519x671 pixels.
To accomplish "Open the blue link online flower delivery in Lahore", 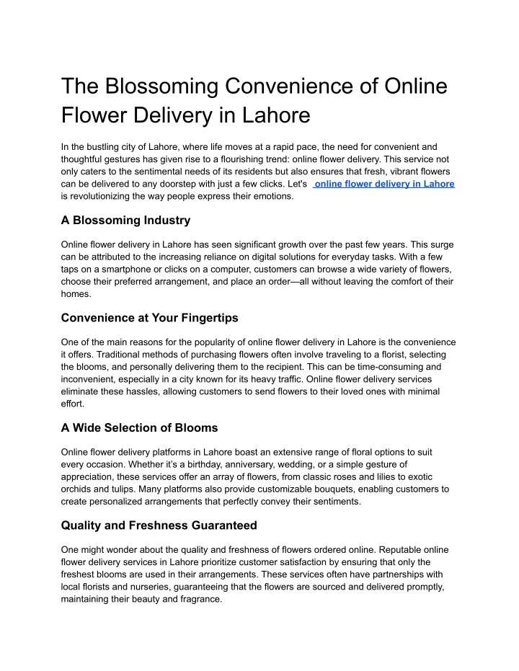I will coord(385,184).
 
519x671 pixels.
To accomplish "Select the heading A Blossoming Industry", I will coord(126,220).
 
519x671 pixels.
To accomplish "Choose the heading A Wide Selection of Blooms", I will coord(140,427).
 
